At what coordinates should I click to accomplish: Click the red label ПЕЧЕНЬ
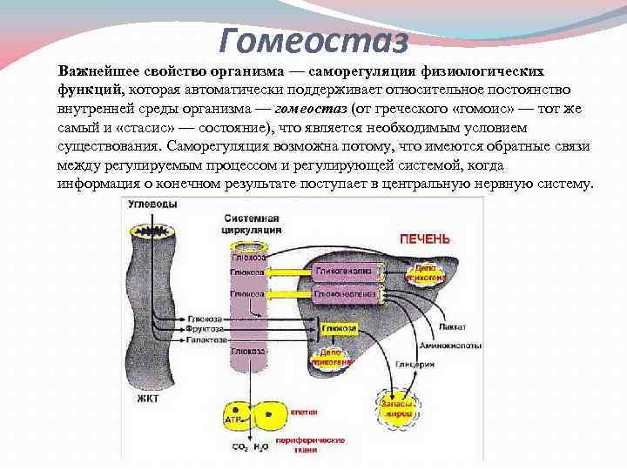click(x=424, y=238)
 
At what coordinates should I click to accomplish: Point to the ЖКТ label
click(x=147, y=399)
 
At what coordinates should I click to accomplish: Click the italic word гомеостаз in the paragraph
click(x=311, y=109)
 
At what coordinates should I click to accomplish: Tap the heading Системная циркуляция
click(x=252, y=224)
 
